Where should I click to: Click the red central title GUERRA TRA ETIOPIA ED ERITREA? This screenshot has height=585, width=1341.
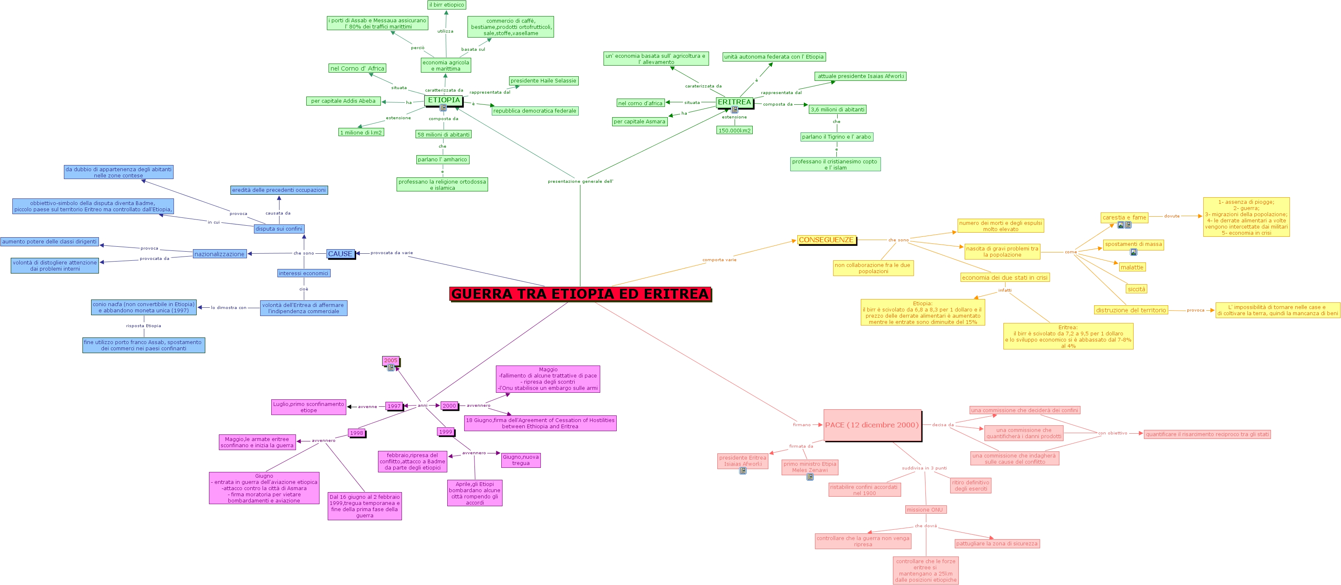tap(580, 294)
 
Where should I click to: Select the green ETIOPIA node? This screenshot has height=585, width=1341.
tap(444, 100)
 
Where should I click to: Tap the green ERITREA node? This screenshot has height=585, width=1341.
tap(734, 102)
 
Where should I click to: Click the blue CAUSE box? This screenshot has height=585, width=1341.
tap(341, 254)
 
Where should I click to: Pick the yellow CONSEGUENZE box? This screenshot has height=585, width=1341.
tap(826, 240)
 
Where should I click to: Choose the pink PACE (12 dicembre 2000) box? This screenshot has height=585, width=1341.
tap(872, 425)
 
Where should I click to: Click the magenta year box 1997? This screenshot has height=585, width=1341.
tap(394, 406)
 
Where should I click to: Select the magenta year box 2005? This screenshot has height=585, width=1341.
tap(390, 361)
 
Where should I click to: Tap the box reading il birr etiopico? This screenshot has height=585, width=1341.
tap(446, 5)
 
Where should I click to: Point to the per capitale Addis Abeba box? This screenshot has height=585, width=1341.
tap(343, 101)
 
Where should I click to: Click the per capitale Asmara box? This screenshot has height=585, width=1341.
tap(639, 121)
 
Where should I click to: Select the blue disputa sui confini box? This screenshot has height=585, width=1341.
tap(279, 229)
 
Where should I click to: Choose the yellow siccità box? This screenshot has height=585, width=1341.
tap(1137, 289)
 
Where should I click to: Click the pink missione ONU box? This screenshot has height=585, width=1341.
tap(925, 510)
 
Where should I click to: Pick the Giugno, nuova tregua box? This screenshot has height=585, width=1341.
tap(521, 460)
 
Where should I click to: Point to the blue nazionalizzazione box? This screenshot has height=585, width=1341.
tap(219, 254)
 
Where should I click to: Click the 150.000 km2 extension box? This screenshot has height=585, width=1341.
tap(734, 130)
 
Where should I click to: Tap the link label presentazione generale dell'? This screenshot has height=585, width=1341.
tap(580, 181)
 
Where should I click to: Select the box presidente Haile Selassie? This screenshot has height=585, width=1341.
tap(543, 81)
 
